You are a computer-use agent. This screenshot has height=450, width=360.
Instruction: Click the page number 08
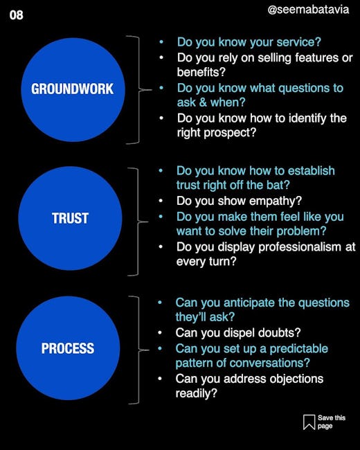pyautogui.click(x=16, y=15)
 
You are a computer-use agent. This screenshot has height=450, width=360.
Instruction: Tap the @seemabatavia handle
pyautogui.click(x=308, y=10)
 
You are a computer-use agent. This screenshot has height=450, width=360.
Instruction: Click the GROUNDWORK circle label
pyautogui.click(x=72, y=89)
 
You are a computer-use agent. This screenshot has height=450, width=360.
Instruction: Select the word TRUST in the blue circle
pyautogui.click(x=70, y=218)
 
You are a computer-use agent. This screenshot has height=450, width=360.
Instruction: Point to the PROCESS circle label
pyautogui.click(x=68, y=348)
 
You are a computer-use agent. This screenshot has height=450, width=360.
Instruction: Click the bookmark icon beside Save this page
pyautogui.click(x=309, y=422)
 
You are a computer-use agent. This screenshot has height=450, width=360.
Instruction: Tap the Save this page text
pyautogui.click(x=332, y=422)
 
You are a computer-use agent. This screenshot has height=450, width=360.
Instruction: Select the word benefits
pyautogui.click(x=201, y=72)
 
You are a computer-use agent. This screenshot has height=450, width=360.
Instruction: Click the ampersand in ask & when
pyautogui.click(x=203, y=102)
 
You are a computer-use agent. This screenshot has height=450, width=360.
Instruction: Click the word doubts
pyautogui.click(x=279, y=333)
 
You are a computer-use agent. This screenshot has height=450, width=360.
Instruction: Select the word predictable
pyautogui.click(x=299, y=349)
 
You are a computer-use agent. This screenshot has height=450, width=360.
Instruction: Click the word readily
pyautogui.click(x=197, y=393)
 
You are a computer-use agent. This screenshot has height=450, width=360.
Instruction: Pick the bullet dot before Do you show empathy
pyautogui.click(x=161, y=201)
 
